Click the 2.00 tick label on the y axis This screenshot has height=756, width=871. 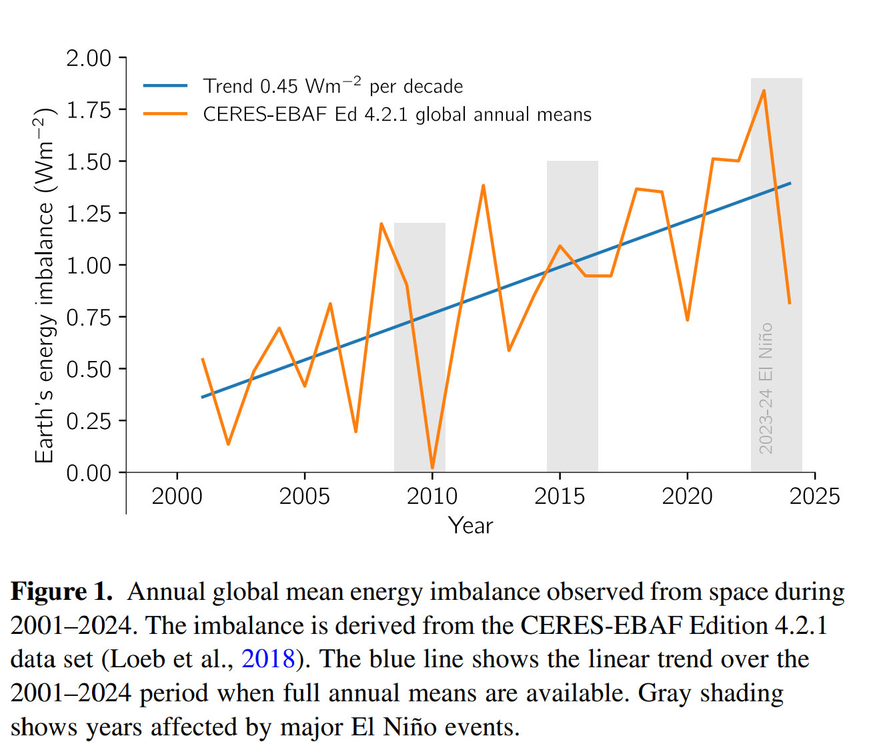tap(88, 58)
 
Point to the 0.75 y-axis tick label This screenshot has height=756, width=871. tap(88, 317)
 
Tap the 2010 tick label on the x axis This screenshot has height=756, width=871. tap(431, 496)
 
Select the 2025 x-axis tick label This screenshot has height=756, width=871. tap(814, 496)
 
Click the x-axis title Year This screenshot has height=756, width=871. tap(470, 526)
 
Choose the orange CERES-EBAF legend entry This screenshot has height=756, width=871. tap(397, 115)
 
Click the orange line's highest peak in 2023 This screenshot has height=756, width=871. tap(764, 90)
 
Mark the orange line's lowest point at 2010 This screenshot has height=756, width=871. tap(432, 468)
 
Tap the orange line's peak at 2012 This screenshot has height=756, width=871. tap(483, 185)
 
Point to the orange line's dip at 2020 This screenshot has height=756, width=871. tap(687, 320)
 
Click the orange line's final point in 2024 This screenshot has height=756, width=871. tap(790, 304)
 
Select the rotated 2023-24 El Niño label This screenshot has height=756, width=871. tap(766, 388)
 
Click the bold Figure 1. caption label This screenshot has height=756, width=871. tap(61, 592)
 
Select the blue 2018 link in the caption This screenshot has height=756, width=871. tap(268, 659)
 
